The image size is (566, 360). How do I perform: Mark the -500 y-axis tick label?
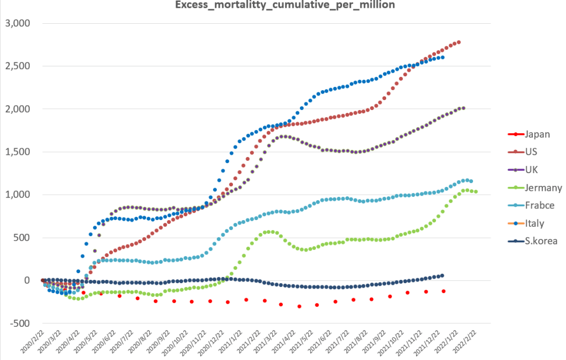(x=20, y=324)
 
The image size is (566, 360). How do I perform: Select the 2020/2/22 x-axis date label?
(x=32, y=346)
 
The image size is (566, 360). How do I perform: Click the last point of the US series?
(x=459, y=42)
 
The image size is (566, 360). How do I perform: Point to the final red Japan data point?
(x=444, y=291)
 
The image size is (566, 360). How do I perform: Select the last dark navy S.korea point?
(x=442, y=275)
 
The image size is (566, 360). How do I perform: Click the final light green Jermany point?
(x=476, y=192)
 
